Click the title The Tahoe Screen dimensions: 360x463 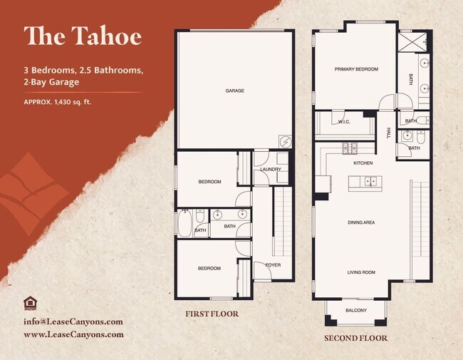pyautogui.click(x=83, y=36)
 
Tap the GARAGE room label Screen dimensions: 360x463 pyautogui.click(x=235, y=91)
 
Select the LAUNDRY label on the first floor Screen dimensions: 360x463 pyautogui.click(x=271, y=169)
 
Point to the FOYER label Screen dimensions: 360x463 pyautogui.click(x=273, y=264)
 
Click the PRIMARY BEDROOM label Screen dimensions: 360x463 pyautogui.click(x=356, y=69)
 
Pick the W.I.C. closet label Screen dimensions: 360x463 pyautogui.click(x=344, y=122)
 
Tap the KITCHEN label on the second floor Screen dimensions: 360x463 pyautogui.click(x=363, y=163)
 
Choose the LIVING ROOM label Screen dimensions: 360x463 pyautogui.click(x=361, y=272)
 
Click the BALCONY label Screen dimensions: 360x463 pyautogui.click(x=356, y=310)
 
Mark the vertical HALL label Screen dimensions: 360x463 pyautogui.click(x=389, y=133)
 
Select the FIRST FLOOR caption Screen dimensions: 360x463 pyautogui.click(x=212, y=314)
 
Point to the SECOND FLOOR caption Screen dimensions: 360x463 pyautogui.click(x=355, y=338)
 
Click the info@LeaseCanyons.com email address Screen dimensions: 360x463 pyautogui.click(x=73, y=322)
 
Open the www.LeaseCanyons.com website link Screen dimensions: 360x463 pyautogui.click(x=73, y=334)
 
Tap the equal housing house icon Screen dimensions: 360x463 pyautogui.click(x=30, y=303)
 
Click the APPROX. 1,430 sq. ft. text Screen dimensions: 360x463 pyautogui.click(x=58, y=102)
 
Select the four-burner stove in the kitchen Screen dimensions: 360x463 pyautogui.click(x=350, y=148)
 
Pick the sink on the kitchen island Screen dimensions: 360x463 pyautogui.click(x=370, y=182)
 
